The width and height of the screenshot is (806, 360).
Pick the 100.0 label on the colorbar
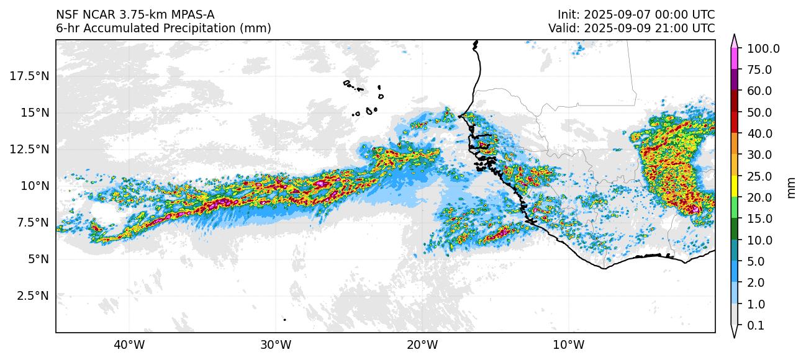[x=763, y=48]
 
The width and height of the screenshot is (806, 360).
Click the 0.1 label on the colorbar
[x=755, y=325]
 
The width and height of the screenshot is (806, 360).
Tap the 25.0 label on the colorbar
[x=759, y=176]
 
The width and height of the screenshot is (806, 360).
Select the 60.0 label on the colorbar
[x=759, y=91]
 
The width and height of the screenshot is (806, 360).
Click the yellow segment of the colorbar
[x=734, y=186]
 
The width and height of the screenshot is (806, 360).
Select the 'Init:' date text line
[x=636, y=14]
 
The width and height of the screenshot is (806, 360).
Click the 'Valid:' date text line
[x=632, y=28]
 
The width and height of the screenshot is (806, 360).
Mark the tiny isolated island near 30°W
[x=284, y=320]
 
